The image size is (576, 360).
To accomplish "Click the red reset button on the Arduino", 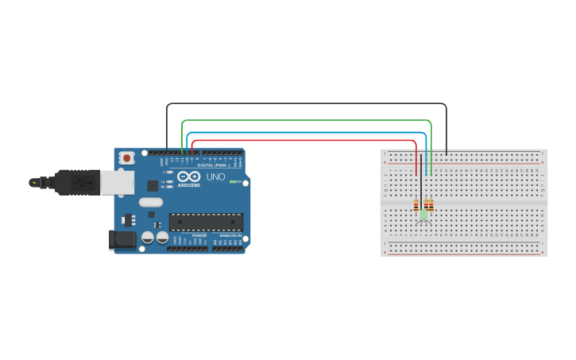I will pos(126,158).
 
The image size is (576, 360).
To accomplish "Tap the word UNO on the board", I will pos(216,177).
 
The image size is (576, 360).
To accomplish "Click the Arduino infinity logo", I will pos(188,176).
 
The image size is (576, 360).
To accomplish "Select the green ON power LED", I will pos(235,182).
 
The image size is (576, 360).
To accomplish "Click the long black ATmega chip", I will pos(206,222).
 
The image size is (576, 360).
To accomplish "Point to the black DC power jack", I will pos(122,238).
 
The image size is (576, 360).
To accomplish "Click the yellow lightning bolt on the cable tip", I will pos(33,183).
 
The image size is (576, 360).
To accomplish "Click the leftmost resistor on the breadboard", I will pos(416,206).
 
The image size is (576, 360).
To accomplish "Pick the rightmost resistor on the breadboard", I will pos(431,206).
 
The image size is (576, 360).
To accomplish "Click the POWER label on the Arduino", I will pos(199,235).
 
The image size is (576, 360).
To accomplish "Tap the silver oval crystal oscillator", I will pos(150,202).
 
